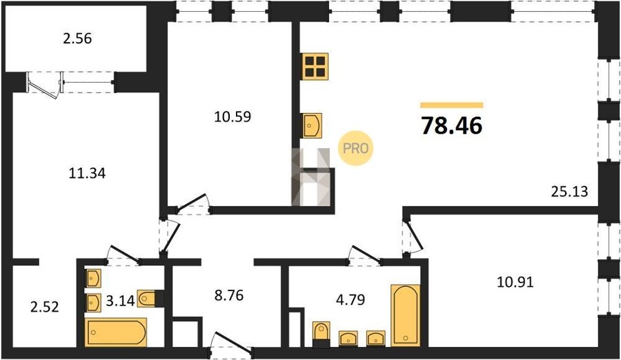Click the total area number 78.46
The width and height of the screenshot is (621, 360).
451,126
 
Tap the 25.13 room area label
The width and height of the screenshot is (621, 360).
569,192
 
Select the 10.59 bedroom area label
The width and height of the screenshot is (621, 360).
233,117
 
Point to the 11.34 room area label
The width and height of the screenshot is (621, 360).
87,173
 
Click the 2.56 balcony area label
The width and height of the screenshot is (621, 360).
77,39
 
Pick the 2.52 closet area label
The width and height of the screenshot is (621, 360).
45,307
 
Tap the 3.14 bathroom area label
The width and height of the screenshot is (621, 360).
120,301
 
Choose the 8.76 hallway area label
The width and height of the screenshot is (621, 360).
229,295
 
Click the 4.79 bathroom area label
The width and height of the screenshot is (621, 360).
351,300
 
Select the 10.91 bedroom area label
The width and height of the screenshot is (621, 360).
515,282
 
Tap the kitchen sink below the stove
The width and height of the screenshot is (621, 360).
312,126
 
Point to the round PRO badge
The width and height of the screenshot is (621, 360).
355,148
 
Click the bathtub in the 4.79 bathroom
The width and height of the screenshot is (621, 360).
406,315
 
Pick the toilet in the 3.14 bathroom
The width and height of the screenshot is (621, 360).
148,299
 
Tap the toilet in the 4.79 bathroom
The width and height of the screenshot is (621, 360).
321,332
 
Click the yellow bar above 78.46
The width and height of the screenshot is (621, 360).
451,106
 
